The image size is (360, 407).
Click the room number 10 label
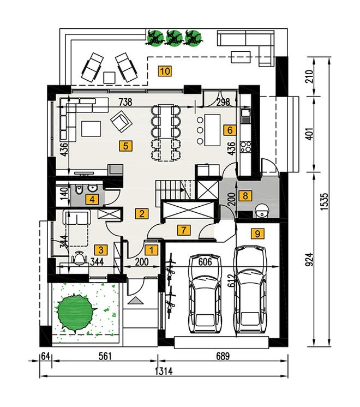point(165,71)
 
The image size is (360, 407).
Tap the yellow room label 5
point(125,146)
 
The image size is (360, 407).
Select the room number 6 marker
point(230,130)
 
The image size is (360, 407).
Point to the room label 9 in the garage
point(257,234)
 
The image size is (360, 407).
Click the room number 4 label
point(92,200)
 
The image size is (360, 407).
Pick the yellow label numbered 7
point(183,230)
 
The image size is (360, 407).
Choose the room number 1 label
point(151,250)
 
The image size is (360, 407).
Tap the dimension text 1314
point(164,372)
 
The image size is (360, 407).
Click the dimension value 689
point(223,356)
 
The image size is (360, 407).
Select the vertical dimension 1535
point(324,201)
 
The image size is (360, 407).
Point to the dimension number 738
point(125,102)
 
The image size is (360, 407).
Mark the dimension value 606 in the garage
point(205,262)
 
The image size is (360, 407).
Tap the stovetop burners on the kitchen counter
point(245,147)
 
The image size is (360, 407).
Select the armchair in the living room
point(121,122)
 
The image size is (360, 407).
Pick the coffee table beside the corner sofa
point(91,129)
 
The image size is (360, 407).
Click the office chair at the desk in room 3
point(79,258)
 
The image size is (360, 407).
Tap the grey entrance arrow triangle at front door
point(135,301)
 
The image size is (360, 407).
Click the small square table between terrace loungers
point(109,77)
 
